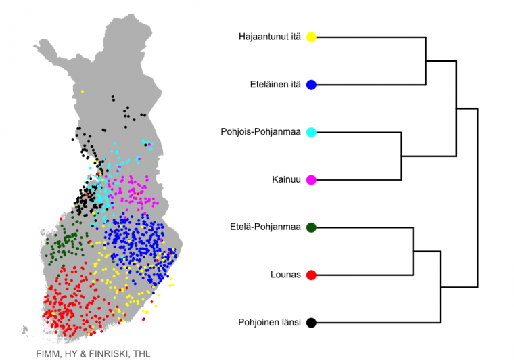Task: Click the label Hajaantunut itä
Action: (269, 37)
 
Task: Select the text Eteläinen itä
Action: (275, 85)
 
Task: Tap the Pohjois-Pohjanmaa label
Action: (260, 132)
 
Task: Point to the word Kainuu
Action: (286, 180)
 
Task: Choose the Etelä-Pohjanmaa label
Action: (265, 227)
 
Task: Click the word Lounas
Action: (285, 275)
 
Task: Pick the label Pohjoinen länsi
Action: (269, 323)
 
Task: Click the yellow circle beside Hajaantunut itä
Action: (311, 37)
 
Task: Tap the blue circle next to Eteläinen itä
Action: (311, 85)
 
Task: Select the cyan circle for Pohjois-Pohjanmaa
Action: (311, 132)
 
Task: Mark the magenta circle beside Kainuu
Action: (311, 180)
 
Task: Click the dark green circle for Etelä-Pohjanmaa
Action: (311, 227)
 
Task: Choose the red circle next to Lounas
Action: (311, 275)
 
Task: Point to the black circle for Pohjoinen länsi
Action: (311, 323)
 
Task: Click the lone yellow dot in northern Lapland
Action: (83, 92)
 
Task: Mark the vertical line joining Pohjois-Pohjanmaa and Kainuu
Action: (402, 156)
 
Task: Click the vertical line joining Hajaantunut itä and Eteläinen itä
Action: (426, 61)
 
